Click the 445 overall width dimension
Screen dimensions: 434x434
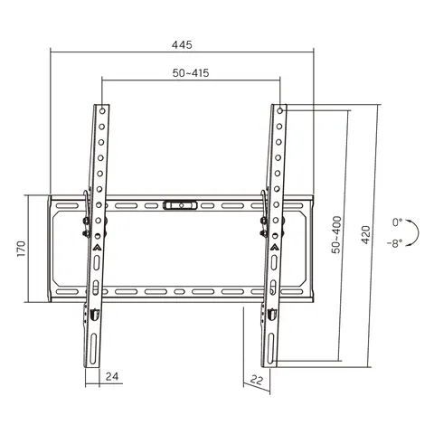click(182, 45)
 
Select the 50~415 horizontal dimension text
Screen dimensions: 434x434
click(191, 73)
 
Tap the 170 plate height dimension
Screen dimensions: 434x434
click(21, 249)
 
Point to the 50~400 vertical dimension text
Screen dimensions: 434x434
click(336, 234)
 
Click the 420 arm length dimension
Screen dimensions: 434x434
click(365, 234)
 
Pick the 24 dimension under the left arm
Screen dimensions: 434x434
click(112, 376)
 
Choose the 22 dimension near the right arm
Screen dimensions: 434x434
click(257, 380)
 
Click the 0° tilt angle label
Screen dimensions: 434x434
click(397, 222)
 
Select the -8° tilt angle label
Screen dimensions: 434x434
click(395, 243)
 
